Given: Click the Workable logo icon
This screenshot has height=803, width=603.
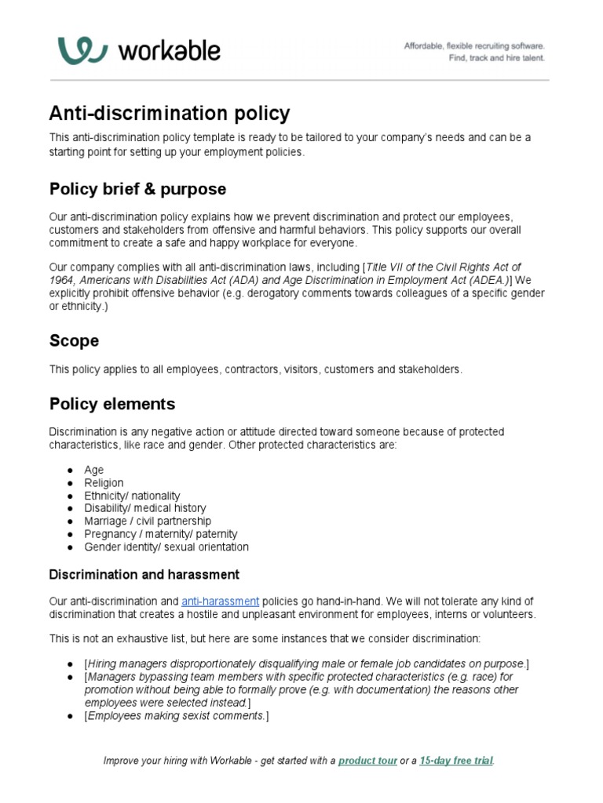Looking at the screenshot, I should click(x=82, y=51).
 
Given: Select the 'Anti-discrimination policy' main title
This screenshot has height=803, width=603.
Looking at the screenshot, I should click(x=170, y=114).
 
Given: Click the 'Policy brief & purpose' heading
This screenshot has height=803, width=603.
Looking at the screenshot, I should click(x=137, y=189).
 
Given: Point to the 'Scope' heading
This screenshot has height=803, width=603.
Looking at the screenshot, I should click(x=74, y=341).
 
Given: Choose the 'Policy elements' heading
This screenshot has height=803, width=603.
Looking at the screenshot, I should click(x=111, y=405).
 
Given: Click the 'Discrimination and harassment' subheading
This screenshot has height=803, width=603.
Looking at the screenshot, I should click(x=144, y=575).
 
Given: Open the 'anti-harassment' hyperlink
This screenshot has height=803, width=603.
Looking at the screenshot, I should click(x=220, y=601).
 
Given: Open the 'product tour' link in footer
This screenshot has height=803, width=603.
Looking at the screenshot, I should click(x=367, y=761).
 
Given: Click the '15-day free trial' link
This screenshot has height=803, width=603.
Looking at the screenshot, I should click(x=456, y=761).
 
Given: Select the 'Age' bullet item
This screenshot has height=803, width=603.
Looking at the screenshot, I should click(x=94, y=471).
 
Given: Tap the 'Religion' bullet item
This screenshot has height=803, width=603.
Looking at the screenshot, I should click(x=104, y=483).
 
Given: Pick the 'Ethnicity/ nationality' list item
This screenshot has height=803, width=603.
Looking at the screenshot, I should click(x=132, y=496).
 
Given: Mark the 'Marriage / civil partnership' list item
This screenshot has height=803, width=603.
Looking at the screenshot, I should click(x=148, y=521).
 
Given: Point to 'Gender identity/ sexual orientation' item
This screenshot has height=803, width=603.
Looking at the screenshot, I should click(x=166, y=547).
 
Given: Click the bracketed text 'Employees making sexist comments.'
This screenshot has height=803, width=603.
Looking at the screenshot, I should click(x=177, y=716).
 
